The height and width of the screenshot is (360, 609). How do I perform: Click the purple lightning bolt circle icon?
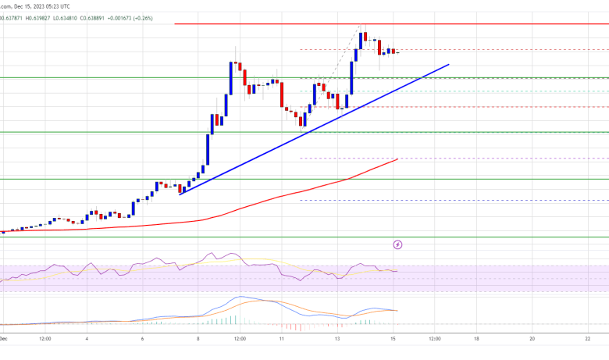coord(398,244)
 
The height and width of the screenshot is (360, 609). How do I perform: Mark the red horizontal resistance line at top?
coord(312,24)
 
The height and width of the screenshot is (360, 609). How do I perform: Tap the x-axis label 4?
coord(87,340)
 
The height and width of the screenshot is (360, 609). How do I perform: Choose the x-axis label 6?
coord(143,340)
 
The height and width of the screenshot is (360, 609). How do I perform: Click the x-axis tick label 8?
coord(198,340)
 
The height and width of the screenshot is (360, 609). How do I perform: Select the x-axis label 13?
coord(337,340)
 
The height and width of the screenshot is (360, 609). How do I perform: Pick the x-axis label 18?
coord(475,340)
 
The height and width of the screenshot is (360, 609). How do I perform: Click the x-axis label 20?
coord(532,340)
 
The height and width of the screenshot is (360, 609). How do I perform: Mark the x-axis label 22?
coord(587,340)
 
